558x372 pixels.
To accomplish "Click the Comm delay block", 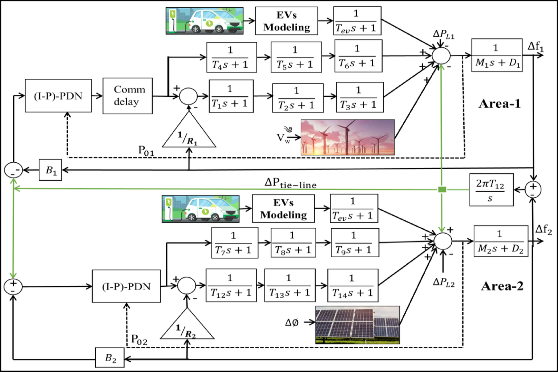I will (127, 96).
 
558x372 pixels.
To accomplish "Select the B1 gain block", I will (50, 170).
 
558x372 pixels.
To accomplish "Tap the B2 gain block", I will (110, 358).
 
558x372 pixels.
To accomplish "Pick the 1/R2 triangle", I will (187, 328).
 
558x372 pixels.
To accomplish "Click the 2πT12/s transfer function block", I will (491, 190).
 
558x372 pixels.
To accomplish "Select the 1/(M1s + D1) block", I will (497, 55).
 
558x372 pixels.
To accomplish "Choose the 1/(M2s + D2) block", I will (501, 241).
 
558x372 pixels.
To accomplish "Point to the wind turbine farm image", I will (347, 137).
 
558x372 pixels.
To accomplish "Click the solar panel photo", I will (357, 325).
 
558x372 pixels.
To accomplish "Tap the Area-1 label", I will (499, 104).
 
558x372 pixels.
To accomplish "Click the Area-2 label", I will (502, 286).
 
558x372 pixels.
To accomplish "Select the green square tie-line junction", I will (442, 189).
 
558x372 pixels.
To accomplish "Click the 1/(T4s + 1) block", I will (231, 57).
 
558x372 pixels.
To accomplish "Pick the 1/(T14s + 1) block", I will (353, 286).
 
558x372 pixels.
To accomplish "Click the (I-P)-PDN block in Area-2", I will (126, 286).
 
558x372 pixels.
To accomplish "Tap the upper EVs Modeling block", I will (286, 21).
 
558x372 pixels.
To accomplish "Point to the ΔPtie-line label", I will (290, 183).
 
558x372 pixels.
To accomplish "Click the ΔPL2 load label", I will (444, 283).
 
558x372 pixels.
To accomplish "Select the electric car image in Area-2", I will (200, 209).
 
